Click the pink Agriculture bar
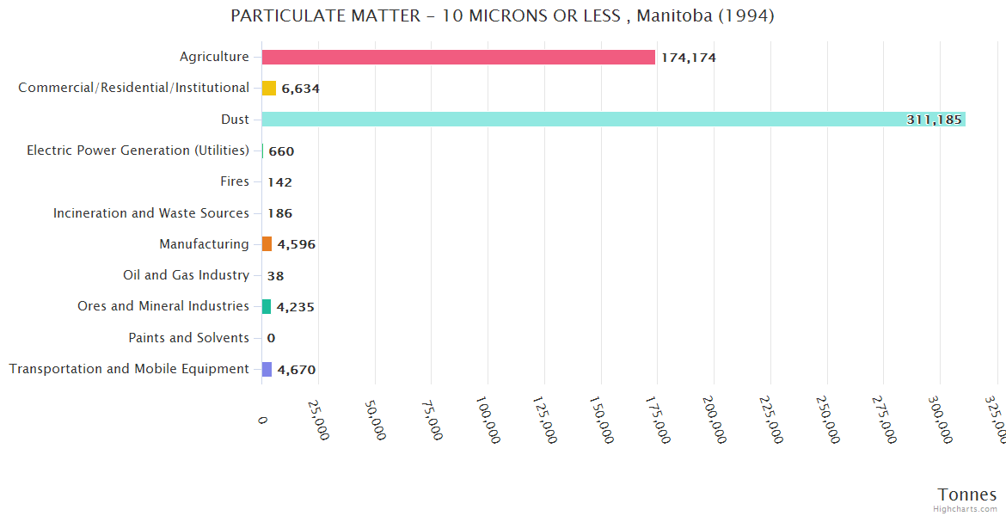point(458,57)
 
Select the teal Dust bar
point(602,120)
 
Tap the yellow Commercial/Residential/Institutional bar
point(269,88)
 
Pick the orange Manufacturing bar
point(267,244)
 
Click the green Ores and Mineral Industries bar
point(267,306)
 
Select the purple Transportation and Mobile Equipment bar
point(267,369)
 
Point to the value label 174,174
point(688,58)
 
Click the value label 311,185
point(934,120)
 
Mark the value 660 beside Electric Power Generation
point(281,151)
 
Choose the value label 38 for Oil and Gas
point(275,276)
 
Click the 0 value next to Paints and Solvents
point(271,338)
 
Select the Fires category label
point(235,181)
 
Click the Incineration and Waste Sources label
point(151,212)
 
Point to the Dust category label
point(235,120)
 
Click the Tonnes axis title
point(966,494)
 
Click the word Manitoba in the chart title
point(674,15)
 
